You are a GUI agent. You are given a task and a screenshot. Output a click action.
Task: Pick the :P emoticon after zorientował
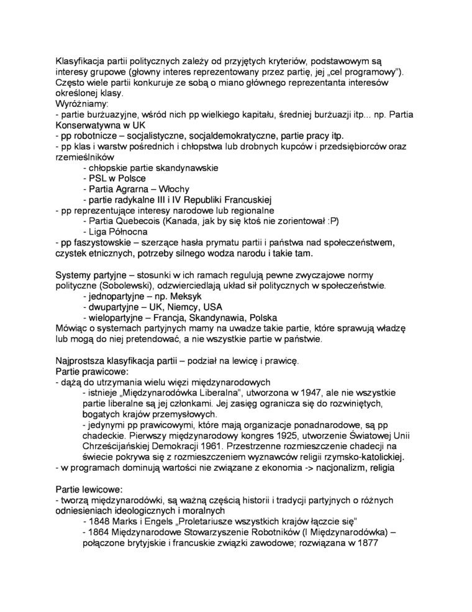[331, 221]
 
